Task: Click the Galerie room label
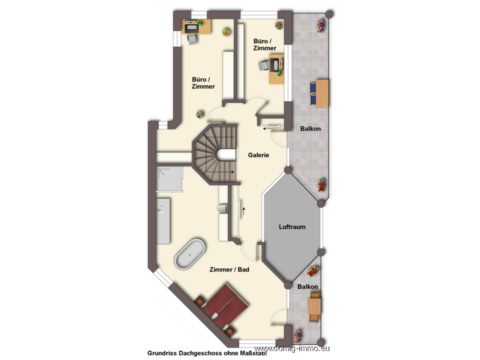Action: tap(258, 155)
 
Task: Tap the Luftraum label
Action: tap(292, 227)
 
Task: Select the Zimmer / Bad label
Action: tap(229, 269)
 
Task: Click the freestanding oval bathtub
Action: tap(190, 254)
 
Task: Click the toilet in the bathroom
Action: tap(223, 209)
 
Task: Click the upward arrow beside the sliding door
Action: tap(244, 211)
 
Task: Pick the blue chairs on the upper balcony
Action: tap(313, 93)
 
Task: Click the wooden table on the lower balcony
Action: tap(314, 306)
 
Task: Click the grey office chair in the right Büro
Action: tap(264, 66)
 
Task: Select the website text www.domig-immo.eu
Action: tap(292, 349)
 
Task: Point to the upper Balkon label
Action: tap(310, 129)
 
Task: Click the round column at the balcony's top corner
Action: tap(329, 14)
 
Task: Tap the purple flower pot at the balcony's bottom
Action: tap(297, 336)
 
